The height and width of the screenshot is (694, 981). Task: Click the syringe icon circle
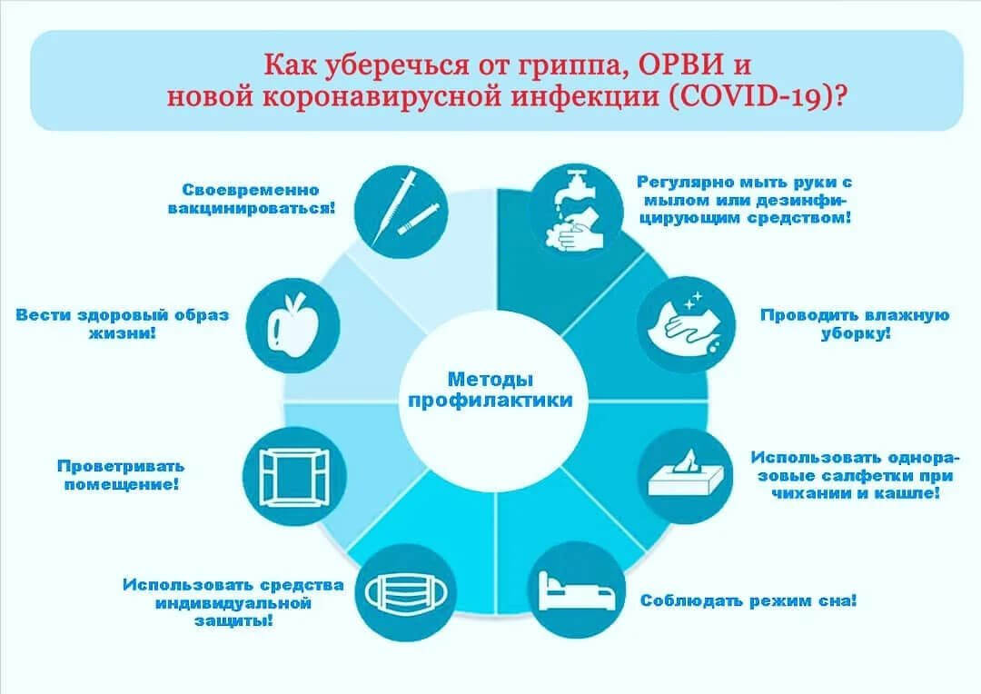[401, 212]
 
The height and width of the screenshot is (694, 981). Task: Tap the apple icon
[293, 326]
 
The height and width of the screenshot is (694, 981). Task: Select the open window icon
[294, 477]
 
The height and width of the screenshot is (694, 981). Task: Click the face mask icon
[407, 592]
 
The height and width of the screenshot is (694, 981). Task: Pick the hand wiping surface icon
[687, 323]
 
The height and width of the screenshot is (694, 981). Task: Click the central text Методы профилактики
[490, 390]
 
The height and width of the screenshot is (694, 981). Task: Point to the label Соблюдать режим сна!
[748, 600]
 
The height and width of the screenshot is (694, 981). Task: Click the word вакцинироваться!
[252, 208]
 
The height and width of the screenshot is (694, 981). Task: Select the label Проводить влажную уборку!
[856, 323]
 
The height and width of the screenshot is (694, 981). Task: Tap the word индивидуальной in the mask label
[233, 603]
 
